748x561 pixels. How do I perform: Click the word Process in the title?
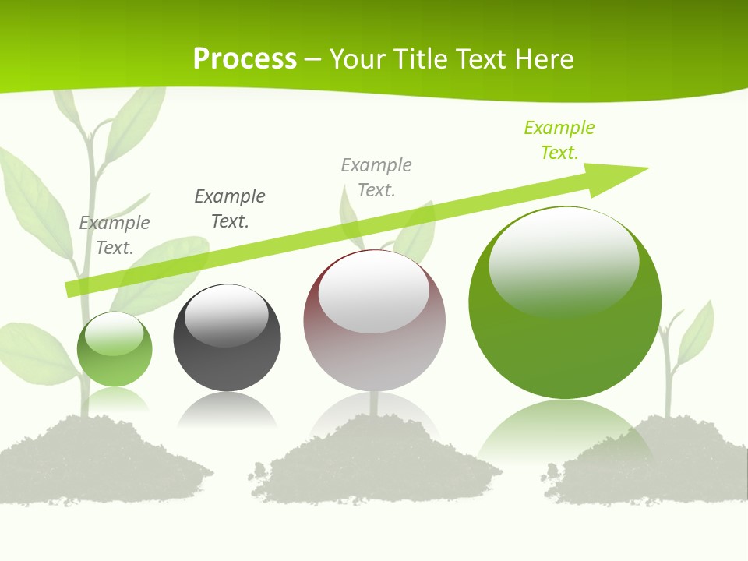245,58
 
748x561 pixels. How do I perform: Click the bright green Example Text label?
559,139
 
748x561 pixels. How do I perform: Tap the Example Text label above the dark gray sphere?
230,208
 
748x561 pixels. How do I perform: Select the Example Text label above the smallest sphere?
115,235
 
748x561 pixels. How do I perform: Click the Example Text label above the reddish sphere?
376,177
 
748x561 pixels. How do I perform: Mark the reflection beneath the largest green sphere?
565,429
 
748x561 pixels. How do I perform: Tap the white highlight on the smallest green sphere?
114,334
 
